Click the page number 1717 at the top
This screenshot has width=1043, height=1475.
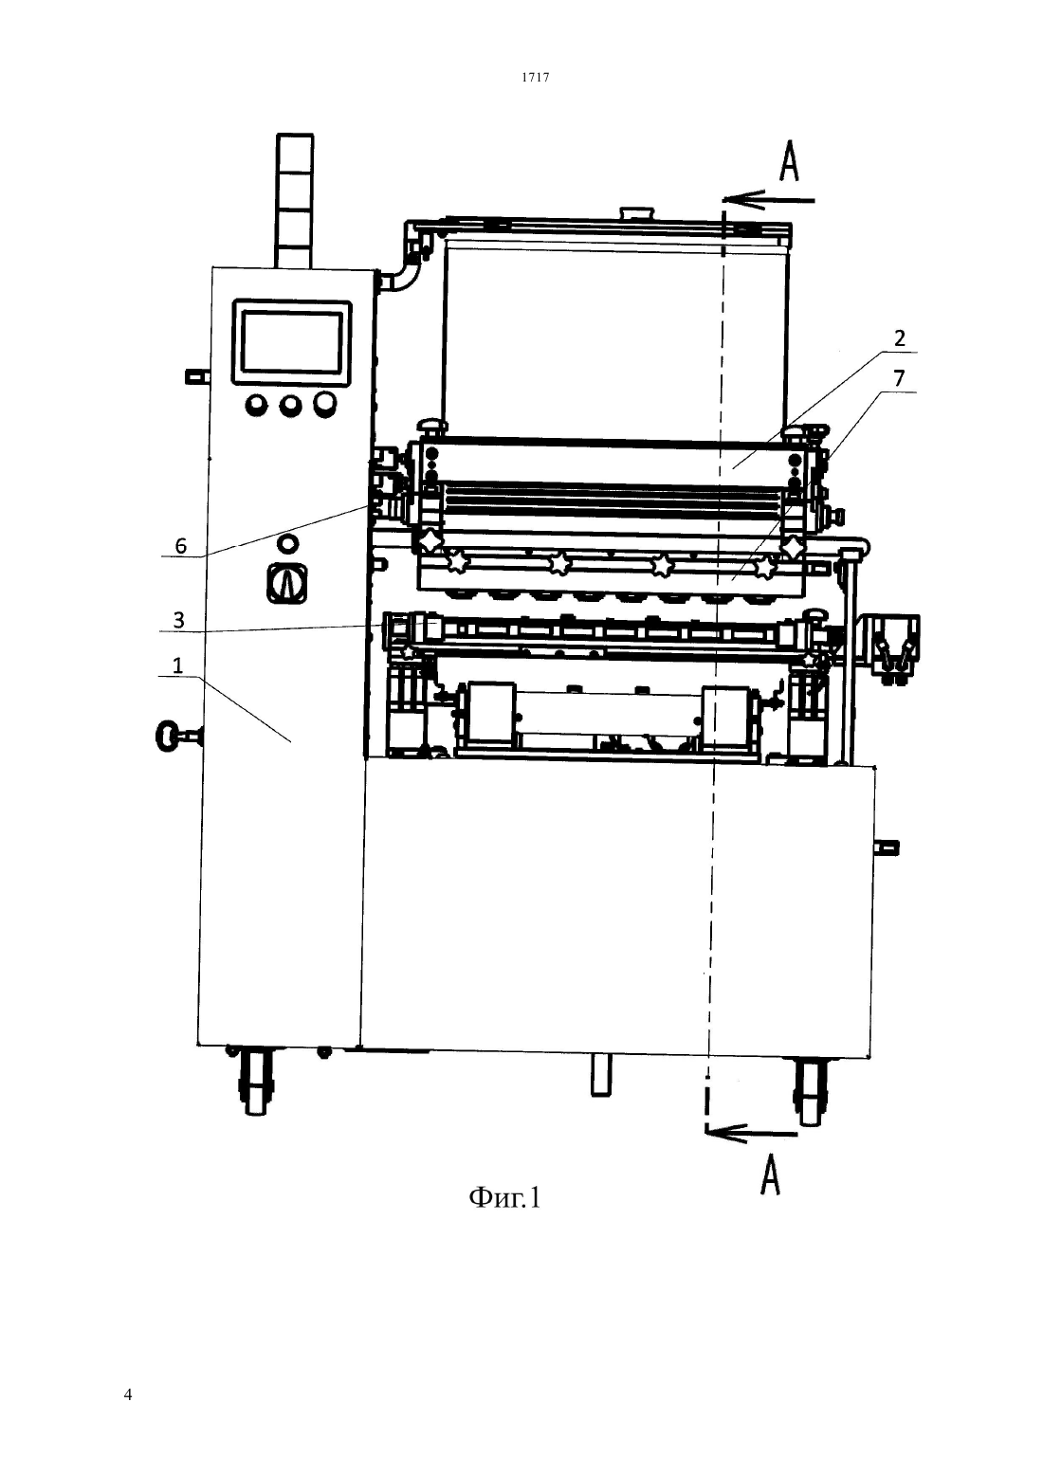(535, 77)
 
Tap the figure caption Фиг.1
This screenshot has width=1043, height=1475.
(504, 1197)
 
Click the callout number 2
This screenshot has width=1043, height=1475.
(900, 338)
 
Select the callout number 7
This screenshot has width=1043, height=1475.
(899, 378)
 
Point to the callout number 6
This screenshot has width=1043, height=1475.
(180, 545)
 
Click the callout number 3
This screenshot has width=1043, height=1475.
(178, 620)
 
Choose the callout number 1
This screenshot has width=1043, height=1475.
(177, 665)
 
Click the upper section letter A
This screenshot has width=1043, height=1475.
(789, 162)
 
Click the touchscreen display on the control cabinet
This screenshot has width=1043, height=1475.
(291, 342)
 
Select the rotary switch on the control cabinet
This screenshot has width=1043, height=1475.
(286, 583)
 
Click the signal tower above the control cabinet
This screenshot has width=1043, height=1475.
(294, 201)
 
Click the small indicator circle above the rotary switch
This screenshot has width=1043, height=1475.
(287, 544)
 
